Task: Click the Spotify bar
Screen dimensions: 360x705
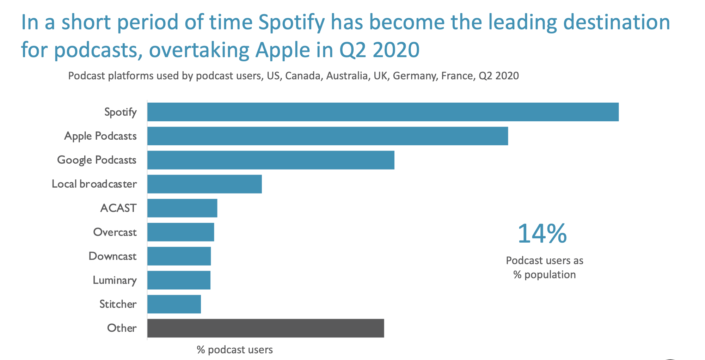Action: click(383, 112)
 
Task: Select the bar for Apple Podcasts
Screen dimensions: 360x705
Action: click(327, 136)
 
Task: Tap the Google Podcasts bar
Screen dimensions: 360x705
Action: click(271, 160)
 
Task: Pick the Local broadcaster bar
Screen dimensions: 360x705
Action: click(204, 184)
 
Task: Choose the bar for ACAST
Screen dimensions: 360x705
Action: click(182, 208)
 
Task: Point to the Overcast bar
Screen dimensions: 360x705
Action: click(180, 232)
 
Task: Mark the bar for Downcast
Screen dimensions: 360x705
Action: click(179, 256)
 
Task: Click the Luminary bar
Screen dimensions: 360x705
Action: click(179, 280)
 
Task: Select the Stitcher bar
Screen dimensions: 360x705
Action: click(174, 304)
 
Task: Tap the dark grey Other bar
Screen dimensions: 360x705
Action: click(265, 328)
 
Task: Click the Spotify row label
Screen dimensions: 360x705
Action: click(121, 112)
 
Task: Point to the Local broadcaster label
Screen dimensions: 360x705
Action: click(94, 184)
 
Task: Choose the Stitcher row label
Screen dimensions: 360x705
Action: click(118, 304)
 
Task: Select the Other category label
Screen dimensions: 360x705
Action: click(122, 328)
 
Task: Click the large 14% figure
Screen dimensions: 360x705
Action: click(542, 233)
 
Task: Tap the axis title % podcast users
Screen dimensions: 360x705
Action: click(235, 350)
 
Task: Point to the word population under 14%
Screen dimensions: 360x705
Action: click(550, 275)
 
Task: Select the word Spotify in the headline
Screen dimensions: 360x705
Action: click(291, 23)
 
